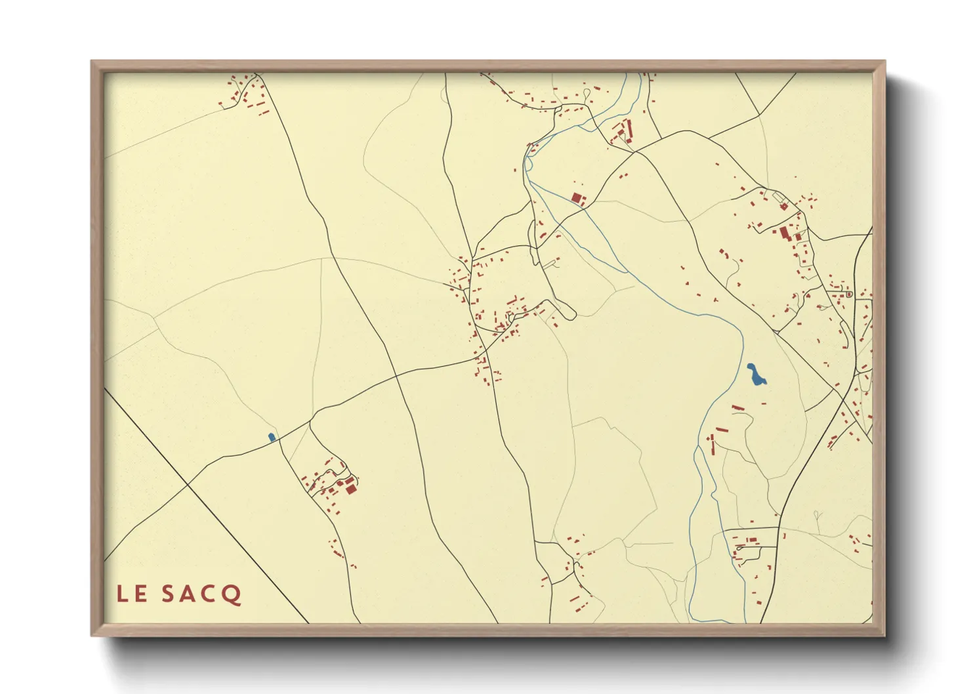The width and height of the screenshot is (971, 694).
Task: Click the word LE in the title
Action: [131, 594]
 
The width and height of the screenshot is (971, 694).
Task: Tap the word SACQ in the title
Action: [201, 594]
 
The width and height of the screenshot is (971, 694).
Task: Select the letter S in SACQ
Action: [169, 594]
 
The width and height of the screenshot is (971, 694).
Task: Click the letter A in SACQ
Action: [189, 594]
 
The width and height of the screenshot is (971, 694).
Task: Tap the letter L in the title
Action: [122, 594]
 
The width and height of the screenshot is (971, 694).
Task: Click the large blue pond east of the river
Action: [756, 375]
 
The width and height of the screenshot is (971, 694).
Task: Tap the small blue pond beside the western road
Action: [271, 437]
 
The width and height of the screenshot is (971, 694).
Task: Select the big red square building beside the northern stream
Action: [577, 197]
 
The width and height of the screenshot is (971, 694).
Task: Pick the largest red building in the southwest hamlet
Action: [350, 488]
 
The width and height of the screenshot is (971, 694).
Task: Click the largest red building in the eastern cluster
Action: [783, 232]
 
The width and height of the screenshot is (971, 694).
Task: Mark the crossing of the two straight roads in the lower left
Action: [188, 485]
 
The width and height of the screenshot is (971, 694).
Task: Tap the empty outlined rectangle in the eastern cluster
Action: [779, 197]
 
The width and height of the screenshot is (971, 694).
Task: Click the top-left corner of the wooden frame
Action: [92, 62]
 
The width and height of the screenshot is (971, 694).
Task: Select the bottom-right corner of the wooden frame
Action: [884, 636]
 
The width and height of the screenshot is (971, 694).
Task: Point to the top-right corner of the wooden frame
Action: [884, 62]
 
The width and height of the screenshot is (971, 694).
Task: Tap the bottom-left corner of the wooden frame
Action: [92, 636]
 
